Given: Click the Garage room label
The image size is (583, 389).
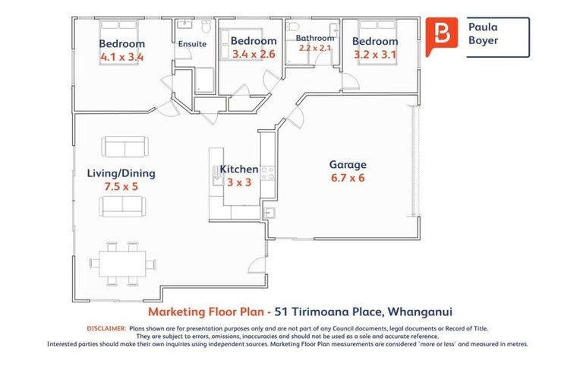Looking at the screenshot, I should point(347,164).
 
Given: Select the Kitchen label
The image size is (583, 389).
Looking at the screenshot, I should point(238,169).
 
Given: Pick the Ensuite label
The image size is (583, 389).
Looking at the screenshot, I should point(192,44).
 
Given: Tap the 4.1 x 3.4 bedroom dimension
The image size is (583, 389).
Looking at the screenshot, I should point(121,57).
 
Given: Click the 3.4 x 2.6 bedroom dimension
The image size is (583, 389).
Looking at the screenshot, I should point(254,54).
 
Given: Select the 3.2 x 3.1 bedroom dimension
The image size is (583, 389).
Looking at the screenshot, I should point(374,55).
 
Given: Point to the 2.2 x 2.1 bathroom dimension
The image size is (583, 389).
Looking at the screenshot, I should point(314,48).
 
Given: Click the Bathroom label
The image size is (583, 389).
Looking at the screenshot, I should point(314,38).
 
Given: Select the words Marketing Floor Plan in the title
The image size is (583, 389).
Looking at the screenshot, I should point(197,311).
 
